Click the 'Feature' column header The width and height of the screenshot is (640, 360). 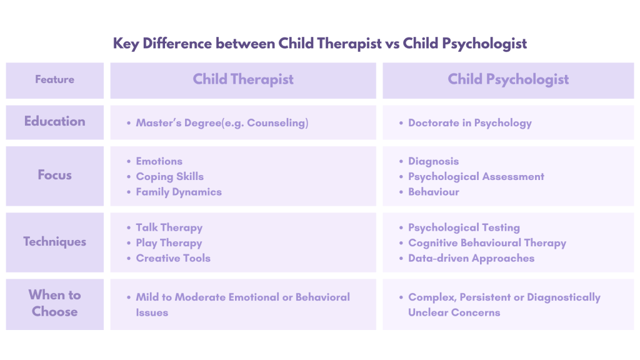[55, 79]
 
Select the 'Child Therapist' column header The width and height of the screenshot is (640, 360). [243, 79]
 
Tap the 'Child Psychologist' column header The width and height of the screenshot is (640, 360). [508, 79]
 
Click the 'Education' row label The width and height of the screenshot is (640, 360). [55, 121]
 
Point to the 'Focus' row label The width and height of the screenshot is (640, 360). [55, 175]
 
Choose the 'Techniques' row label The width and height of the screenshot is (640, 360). [55, 242]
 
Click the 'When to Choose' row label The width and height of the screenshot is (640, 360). [55, 303]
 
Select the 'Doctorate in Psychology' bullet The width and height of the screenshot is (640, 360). [470, 123]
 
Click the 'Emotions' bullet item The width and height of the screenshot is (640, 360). [159, 161]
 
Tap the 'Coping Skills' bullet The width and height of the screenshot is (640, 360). [170, 177]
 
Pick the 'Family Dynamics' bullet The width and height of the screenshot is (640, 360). [179, 192]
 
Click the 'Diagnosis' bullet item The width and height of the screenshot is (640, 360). [434, 162]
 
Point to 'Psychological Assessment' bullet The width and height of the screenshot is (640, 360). [476, 177]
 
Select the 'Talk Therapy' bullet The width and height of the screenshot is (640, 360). [169, 227]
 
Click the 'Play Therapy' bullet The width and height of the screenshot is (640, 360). [169, 243]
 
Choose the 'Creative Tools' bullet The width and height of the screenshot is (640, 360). [173, 258]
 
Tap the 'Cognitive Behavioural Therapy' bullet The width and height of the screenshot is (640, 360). [487, 243]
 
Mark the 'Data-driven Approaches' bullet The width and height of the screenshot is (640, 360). [471, 259]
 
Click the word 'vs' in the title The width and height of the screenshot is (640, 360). [392, 44]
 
